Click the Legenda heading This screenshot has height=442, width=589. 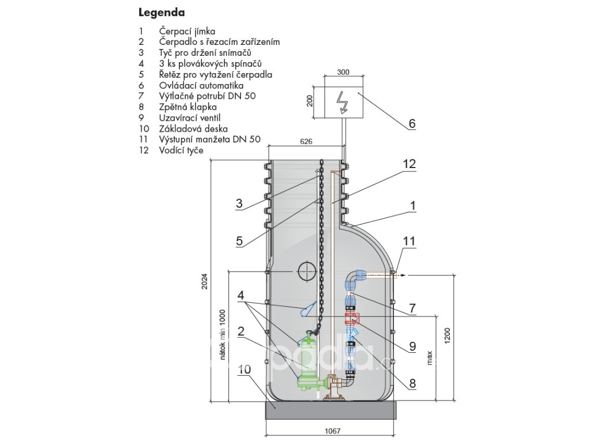point(162,13)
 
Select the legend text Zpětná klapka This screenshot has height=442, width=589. point(188,106)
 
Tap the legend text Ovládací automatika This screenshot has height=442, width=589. point(201,85)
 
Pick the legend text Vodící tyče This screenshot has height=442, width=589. point(181,150)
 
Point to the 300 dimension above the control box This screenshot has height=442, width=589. point(343,72)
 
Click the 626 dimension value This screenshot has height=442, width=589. point(306,142)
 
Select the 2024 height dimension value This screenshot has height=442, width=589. point(204,280)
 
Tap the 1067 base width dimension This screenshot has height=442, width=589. point(332,430)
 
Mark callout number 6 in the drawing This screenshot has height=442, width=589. point(412,123)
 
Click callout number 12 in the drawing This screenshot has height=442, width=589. point(410,163)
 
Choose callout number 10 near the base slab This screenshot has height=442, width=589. point(244,369)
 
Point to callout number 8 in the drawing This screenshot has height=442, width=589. point(412,383)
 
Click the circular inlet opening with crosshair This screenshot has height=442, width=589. point(307,271)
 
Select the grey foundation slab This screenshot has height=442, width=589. point(331,410)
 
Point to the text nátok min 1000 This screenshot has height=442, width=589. point(223,335)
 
